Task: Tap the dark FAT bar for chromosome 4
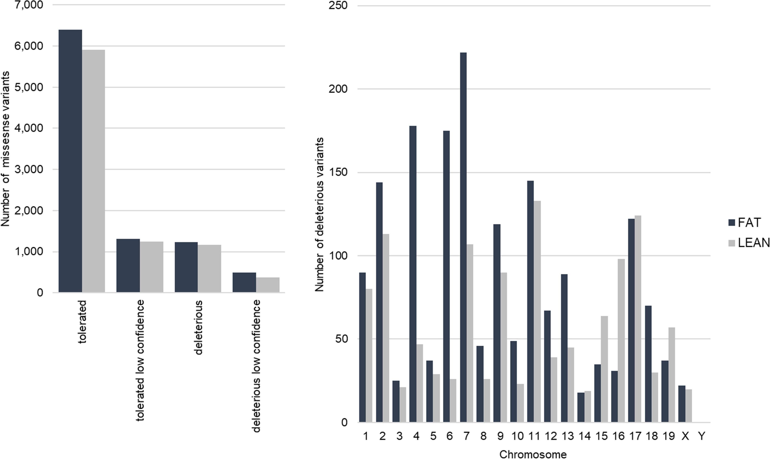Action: pyautogui.click(x=413, y=274)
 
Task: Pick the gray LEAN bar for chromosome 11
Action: pyautogui.click(x=537, y=312)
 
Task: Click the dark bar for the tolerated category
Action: pyautogui.click(x=70, y=161)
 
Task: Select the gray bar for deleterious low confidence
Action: pyautogui.click(x=268, y=285)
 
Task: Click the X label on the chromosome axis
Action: pyautogui.click(x=685, y=436)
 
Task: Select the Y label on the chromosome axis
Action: pyautogui.click(x=702, y=436)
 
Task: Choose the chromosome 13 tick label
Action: pyautogui.click(x=568, y=436)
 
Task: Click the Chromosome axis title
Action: pyautogui.click(x=533, y=454)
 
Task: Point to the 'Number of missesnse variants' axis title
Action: pyautogui.click(x=5, y=149)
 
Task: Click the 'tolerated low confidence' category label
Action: pyautogui.click(x=140, y=360)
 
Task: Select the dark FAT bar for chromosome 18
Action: pyautogui.click(x=648, y=364)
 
